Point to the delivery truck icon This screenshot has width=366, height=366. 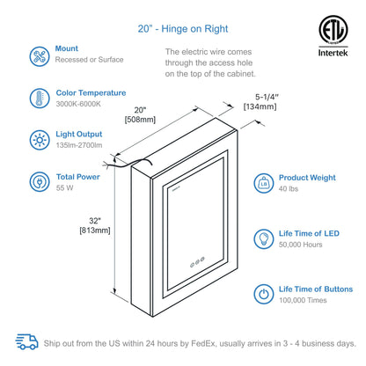27,341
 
